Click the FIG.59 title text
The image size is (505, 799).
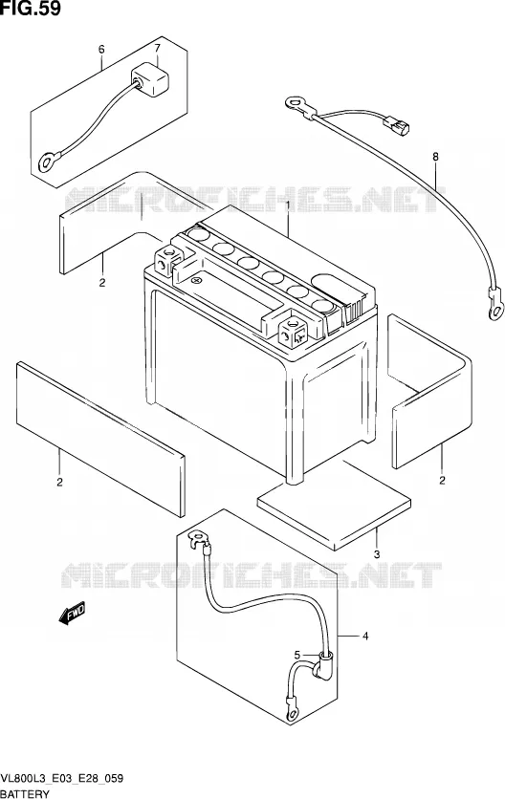[31, 9]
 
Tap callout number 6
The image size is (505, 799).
[101, 50]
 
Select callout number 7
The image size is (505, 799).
[157, 49]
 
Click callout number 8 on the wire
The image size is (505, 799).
[435, 157]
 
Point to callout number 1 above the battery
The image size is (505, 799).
[288, 205]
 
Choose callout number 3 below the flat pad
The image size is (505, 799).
[377, 554]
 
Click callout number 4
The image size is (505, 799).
[365, 636]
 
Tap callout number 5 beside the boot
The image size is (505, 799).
[296, 655]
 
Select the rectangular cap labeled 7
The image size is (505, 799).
[150, 80]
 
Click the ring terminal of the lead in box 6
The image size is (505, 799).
[48, 162]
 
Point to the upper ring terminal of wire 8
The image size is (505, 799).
[296, 104]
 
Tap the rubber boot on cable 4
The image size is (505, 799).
[323, 665]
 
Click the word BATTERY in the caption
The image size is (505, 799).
[26, 793]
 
